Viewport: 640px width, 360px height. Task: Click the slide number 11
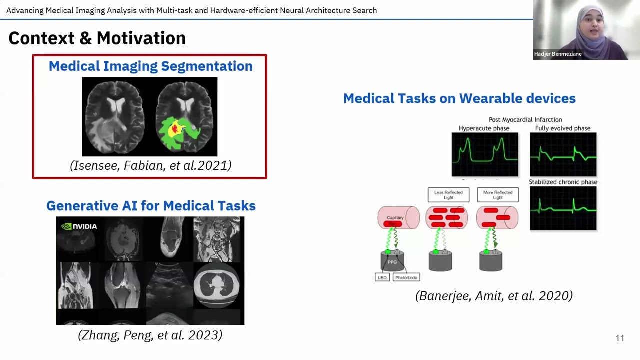620,338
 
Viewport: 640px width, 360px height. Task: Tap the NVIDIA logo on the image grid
79,226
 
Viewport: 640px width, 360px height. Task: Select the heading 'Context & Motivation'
97,38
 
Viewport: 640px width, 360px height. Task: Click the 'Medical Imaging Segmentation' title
150,66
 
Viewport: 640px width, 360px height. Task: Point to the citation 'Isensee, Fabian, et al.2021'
150,165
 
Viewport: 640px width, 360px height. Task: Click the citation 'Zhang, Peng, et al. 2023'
150,335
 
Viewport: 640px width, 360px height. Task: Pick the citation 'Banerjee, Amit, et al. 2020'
494,296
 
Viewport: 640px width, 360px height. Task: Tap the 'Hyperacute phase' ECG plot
485,154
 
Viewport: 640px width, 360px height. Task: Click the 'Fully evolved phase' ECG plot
563,154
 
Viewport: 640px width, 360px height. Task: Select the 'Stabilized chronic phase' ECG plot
563,208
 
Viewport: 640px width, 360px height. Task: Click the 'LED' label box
382,277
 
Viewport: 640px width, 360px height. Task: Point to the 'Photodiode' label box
406,277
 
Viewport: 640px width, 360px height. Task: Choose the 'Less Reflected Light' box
448,195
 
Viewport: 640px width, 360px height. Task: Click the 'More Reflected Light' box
498,195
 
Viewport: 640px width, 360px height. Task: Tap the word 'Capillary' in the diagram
395,218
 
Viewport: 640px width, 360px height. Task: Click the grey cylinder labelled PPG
392,261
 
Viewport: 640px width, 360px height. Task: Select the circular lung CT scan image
216,286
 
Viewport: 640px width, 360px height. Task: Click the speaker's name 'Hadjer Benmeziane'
558,54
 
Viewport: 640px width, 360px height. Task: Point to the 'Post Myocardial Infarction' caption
525,120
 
